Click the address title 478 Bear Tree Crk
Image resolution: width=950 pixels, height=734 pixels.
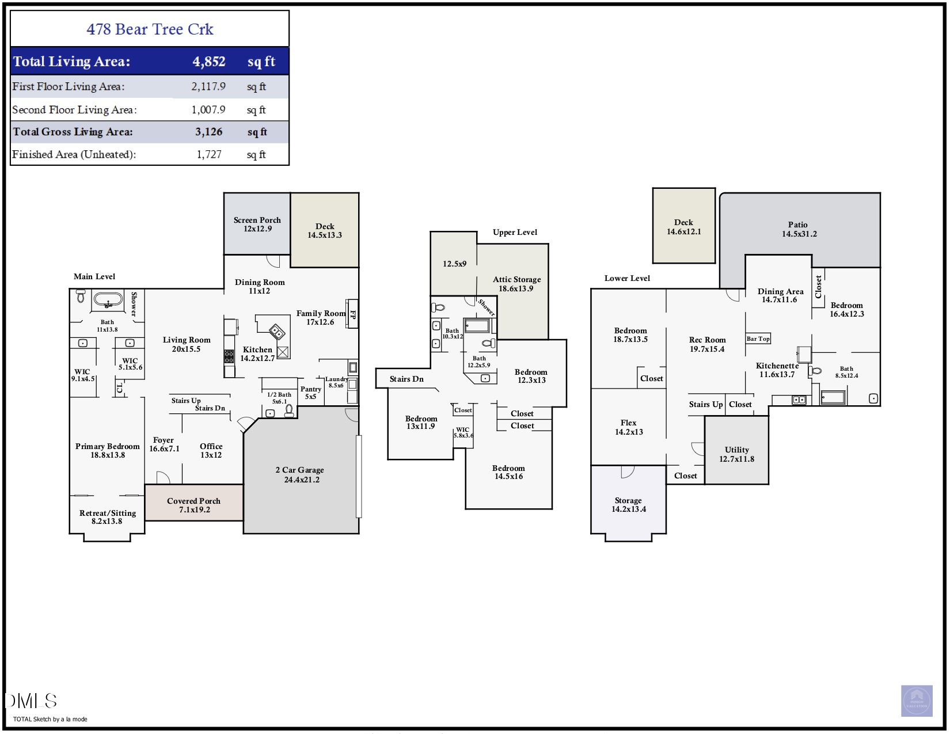[150, 29]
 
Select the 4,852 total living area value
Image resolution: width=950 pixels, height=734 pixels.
[209, 62]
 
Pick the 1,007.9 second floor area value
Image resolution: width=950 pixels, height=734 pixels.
[208, 110]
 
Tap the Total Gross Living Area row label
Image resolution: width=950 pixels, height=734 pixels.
[73, 132]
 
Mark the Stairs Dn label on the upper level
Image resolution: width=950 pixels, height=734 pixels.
[406, 379]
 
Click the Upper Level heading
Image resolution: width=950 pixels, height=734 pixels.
[515, 232]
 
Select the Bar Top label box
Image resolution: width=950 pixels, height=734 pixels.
[758, 339]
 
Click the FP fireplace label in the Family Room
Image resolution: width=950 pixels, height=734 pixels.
[352, 314]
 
